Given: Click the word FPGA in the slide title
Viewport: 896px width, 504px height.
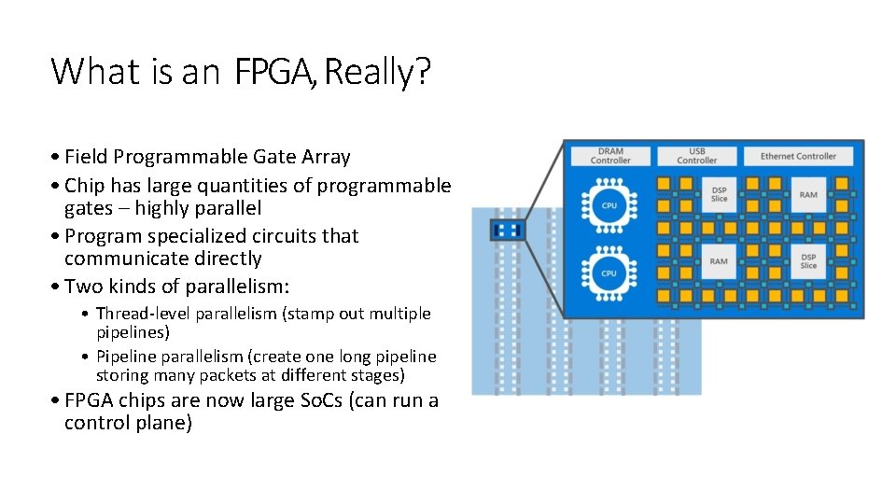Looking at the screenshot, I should (x=276, y=72).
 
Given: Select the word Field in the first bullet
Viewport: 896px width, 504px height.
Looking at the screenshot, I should (x=88, y=157).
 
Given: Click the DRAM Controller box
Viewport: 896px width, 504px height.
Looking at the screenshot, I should (x=610, y=156).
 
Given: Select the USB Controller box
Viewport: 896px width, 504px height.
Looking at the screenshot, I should (x=696, y=156).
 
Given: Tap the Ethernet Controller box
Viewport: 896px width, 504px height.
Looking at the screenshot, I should (x=798, y=156).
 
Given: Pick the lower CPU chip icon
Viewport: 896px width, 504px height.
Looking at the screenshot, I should (x=609, y=273).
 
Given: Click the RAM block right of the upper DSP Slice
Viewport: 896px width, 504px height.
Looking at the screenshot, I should (x=807, y=194).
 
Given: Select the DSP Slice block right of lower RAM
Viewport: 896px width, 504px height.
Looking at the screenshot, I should (x=807, y=261).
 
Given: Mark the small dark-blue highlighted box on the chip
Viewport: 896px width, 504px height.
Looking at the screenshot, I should (x=508, y=230).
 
